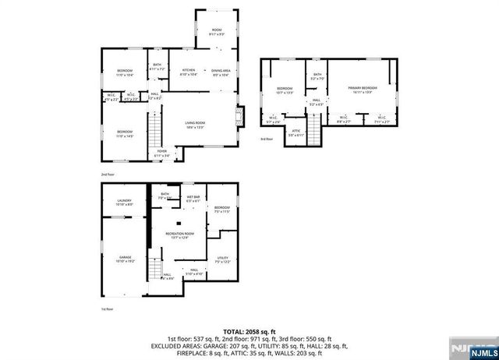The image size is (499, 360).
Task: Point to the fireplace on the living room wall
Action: [241, 116]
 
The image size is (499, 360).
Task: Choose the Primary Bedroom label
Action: [363, 88]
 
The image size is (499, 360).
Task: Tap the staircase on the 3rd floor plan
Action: [315, 124]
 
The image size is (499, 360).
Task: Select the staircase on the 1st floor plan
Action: [158, 270]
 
